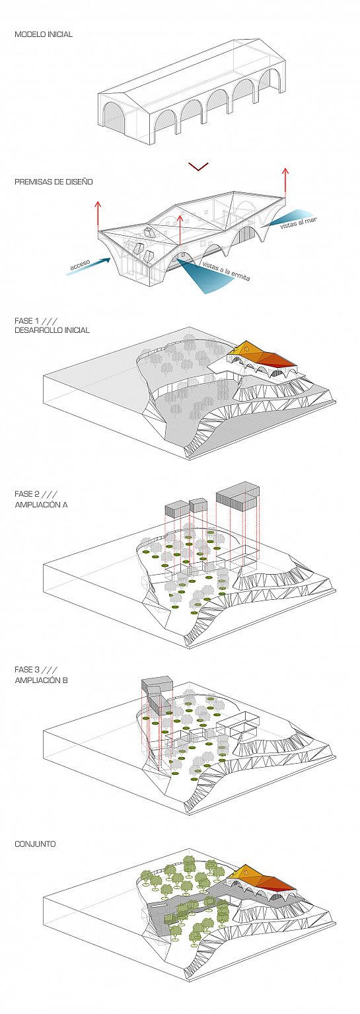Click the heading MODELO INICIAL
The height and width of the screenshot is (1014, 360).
coord(44,34)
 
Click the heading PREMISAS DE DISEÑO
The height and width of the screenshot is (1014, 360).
coord(54,182)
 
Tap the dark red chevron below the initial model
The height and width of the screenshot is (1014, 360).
coord(198,166)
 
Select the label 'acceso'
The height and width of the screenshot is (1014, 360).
coord(80,264)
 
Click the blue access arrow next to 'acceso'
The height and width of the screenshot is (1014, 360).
coord(89,266)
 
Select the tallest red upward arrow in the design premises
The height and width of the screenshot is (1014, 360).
coord(285,183)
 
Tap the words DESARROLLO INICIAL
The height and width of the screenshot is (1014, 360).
coord(52,330)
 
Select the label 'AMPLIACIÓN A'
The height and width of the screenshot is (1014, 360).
coord(41,504)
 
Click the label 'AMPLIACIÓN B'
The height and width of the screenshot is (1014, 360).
coord(41,680)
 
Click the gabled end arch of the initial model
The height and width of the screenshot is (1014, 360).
coord(113,118)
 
